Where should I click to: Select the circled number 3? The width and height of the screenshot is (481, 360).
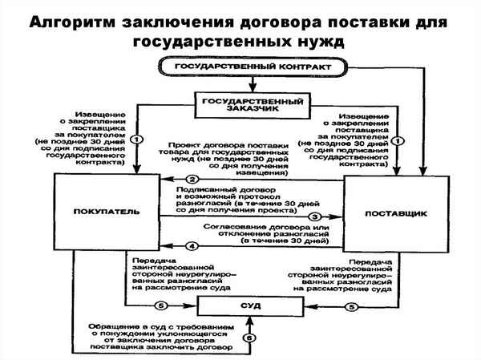(x=314, y=216)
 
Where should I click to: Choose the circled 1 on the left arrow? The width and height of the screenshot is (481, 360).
(x=136, y=138)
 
